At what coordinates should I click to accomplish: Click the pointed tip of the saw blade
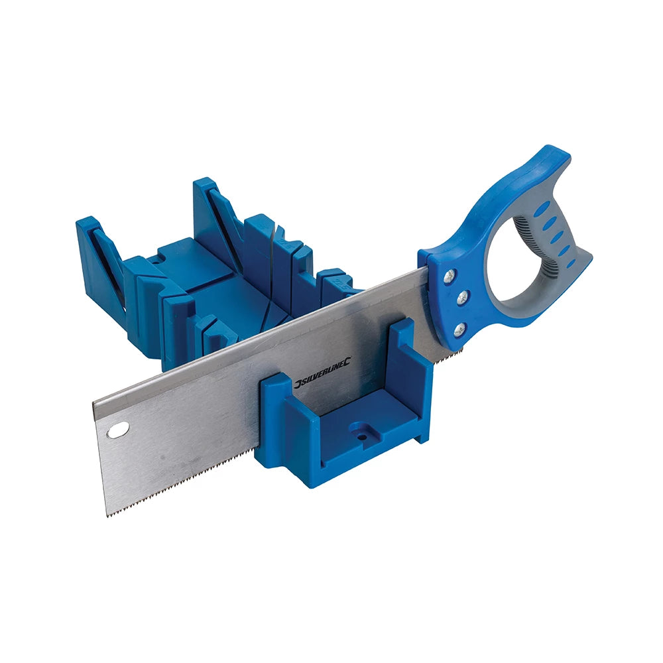[108, 514]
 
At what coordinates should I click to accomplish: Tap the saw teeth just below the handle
[431, 352]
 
